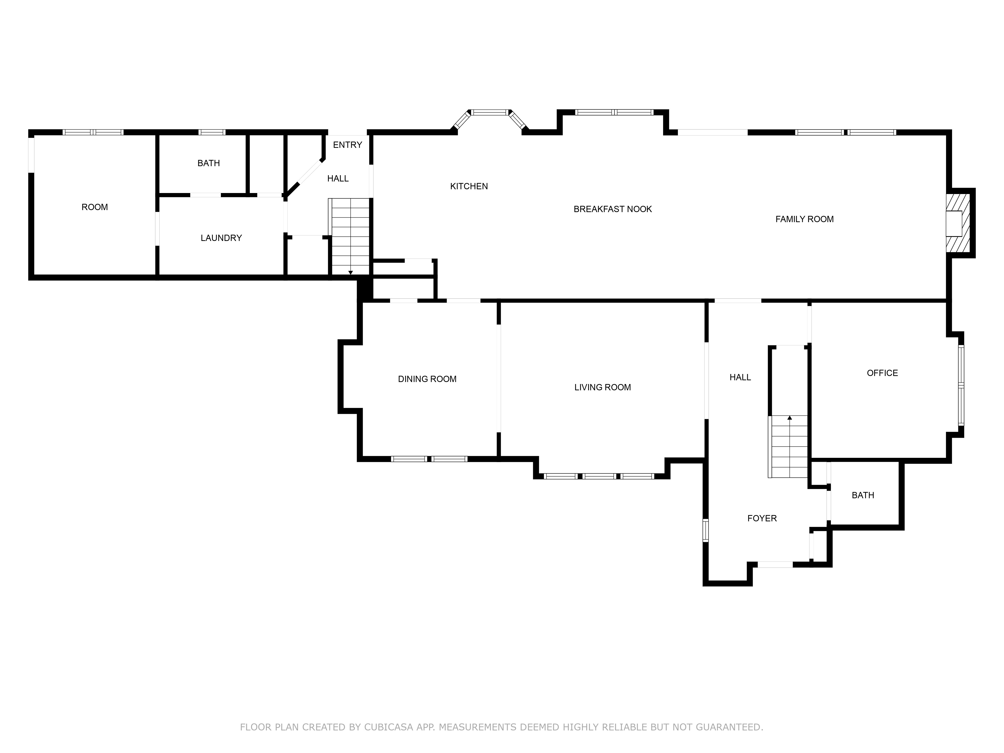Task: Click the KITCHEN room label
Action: [469, 186]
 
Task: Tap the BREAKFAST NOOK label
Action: [613, 209]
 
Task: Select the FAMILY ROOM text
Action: [804, 219]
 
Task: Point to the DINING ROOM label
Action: [427, 379]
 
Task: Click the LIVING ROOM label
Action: [602, 387]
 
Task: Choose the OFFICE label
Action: [882, 373]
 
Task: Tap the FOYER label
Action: [762, 518]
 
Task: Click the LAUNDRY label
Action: [221, 238]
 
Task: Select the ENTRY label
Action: [347, 145]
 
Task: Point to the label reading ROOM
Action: [94, 207]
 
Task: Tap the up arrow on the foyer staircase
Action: [790, 418]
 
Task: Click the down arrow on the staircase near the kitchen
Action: [350, 272]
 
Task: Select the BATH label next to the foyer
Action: [863, 495]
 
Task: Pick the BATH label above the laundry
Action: [208, 163]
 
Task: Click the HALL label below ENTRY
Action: [338, 178]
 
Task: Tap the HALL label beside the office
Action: [740, 377]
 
